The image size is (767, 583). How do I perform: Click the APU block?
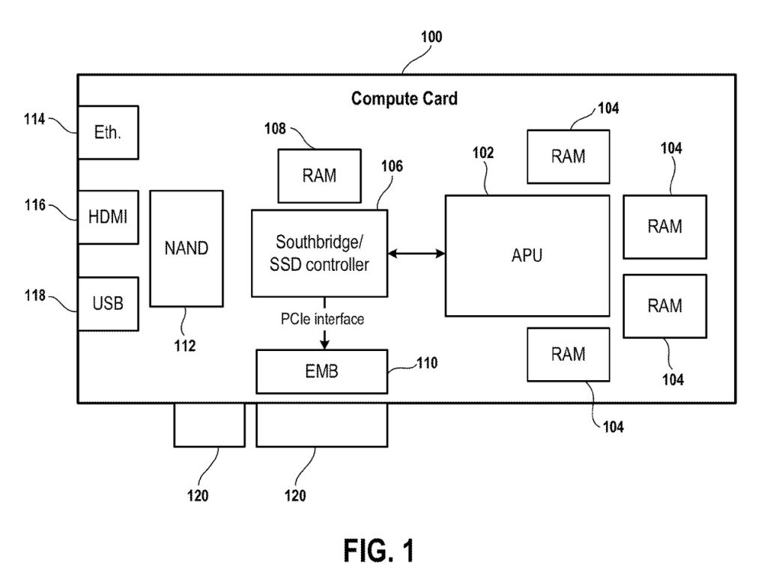coord(527,255)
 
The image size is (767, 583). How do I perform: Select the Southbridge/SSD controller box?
coord(319,253)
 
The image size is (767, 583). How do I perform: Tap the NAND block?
coord(187,248)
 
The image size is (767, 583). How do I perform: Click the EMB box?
coord(322,371)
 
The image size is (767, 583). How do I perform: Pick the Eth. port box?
coord(108,132)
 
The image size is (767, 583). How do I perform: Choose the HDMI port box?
coord(108,216)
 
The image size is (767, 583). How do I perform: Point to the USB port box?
coord(108,304)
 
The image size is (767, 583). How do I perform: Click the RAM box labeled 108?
coord(319,176)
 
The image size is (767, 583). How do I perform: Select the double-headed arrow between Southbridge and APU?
coord(416,255)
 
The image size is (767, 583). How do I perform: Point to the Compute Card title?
coord(404,98)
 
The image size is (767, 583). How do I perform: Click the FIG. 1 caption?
coord(378,550)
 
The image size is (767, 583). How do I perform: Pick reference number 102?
coord(483,153)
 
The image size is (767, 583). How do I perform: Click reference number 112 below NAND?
coord(184,346)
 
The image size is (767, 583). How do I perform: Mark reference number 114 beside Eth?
coord(34,118)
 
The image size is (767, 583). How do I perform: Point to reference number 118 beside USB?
coord(34,296)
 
